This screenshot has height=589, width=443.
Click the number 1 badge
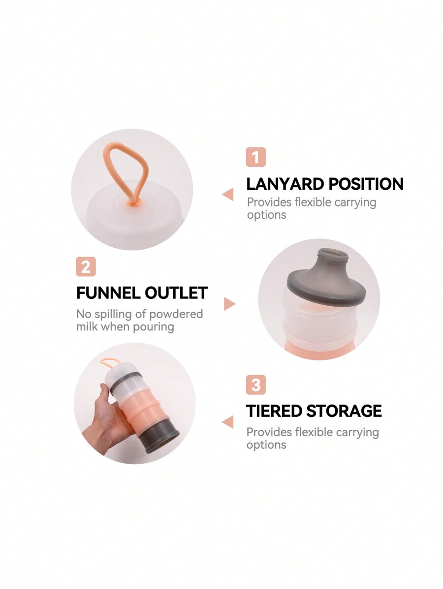tap(256, 157)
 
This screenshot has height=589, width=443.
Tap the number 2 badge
tap(86, 266)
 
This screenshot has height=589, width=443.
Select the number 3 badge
tap(256, 384)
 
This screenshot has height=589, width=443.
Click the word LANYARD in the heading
tap(285, 184)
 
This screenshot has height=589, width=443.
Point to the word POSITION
tap(366, 184)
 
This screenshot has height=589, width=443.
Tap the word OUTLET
tap(176, 293)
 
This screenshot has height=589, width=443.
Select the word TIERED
tap(273, 411)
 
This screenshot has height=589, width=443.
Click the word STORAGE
tap(344, 411)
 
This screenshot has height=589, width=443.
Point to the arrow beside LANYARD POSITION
tap(228, 195)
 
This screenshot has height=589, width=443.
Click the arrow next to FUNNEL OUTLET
tap(229, 304)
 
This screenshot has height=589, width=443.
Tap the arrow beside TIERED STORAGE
tap(228, 422)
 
